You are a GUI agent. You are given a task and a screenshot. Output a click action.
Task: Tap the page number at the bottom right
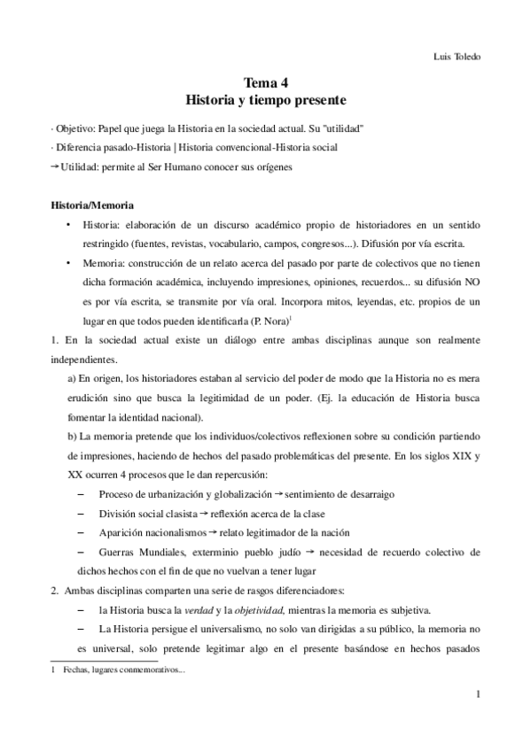[477, 697]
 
